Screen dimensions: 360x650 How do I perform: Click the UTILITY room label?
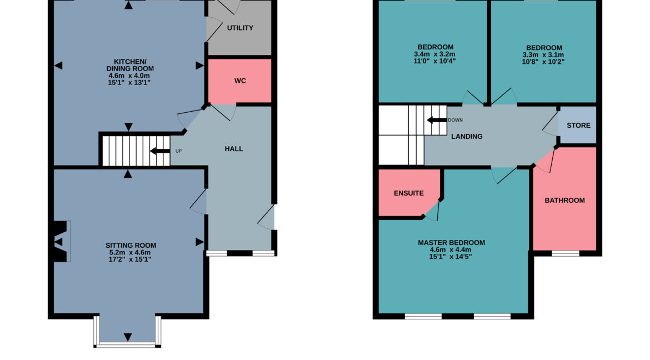coord(240,28)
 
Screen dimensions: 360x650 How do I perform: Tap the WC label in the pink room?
coord(240,81)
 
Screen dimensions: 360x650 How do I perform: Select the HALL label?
coord(234,149)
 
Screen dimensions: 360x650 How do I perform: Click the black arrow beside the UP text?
coord(161,151)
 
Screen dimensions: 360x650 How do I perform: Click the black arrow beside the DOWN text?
coord(437,120)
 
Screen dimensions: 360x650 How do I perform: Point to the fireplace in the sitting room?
coord(61,241)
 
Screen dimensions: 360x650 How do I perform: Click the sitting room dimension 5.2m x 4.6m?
coord(131,252)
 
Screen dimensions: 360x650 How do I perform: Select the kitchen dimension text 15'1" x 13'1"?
coord(129,82)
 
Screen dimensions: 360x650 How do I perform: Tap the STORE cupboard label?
coord(578,126)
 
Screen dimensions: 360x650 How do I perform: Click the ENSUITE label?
coord(409,193)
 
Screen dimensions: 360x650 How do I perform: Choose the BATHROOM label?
coord(564,201)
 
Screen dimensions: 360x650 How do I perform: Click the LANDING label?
coord(467,137)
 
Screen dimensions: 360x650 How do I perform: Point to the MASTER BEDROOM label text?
coord(451,243)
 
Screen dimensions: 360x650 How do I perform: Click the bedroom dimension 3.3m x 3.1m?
coord(543,55)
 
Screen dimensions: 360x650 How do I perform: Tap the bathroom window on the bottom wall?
coord(565,254)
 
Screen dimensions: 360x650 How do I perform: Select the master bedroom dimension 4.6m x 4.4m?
coord(451,249)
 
